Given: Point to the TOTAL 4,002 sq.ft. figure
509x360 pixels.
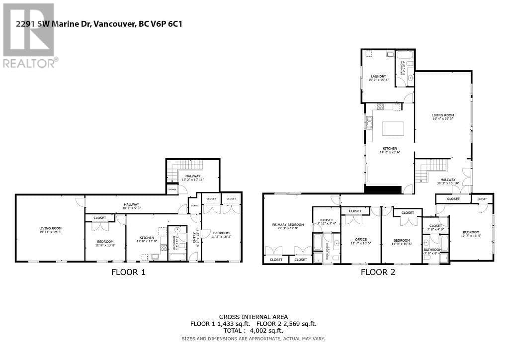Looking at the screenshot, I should click(254, 330).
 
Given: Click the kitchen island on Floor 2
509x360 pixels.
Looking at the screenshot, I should click(392, 129).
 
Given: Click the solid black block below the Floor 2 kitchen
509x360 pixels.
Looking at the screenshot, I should click(383, 189).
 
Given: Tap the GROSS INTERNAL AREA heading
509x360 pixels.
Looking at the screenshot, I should click(254, 317).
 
